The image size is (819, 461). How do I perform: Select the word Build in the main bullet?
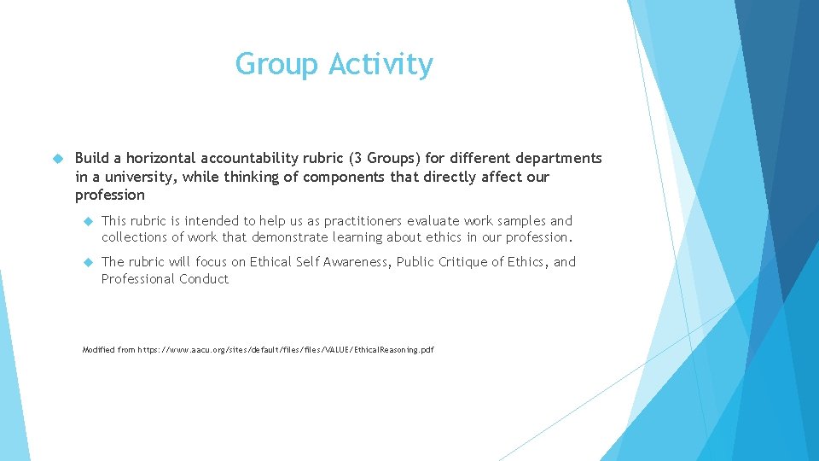(x=92, y=158)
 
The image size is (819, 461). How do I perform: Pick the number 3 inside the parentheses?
(x=349, y=158)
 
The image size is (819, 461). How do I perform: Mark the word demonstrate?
(x=284, y=236)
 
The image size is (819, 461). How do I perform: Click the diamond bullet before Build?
(x=58, y=158)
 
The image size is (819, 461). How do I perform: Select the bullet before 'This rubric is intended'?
(x=87, y=220)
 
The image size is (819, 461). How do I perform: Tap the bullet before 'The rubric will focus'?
(x=87, y=261)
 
